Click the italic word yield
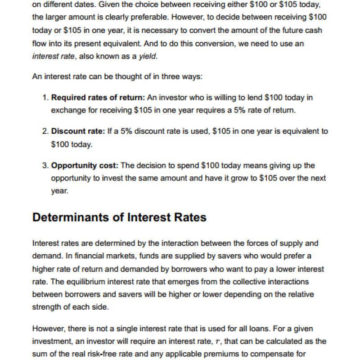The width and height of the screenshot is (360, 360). point(148,56)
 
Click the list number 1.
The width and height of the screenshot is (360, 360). point(45,98)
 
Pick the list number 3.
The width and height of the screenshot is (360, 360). point(45,166)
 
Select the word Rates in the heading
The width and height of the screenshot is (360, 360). point(190,218)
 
